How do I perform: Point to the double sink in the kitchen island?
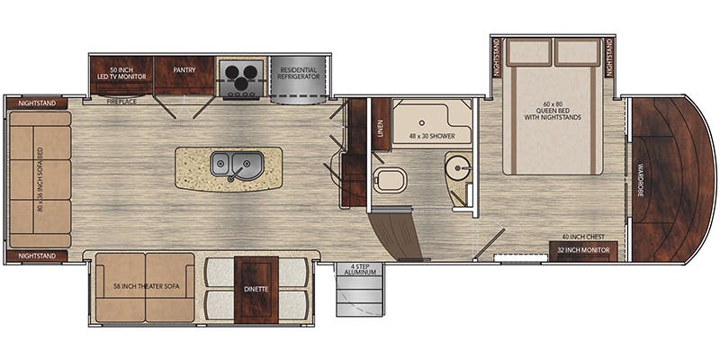coord(233,165)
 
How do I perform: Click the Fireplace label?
coord(121,103)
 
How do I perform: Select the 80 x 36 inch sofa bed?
coord(40,179)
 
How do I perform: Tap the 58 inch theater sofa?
coord(143,287)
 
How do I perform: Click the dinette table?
coord(254,288)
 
